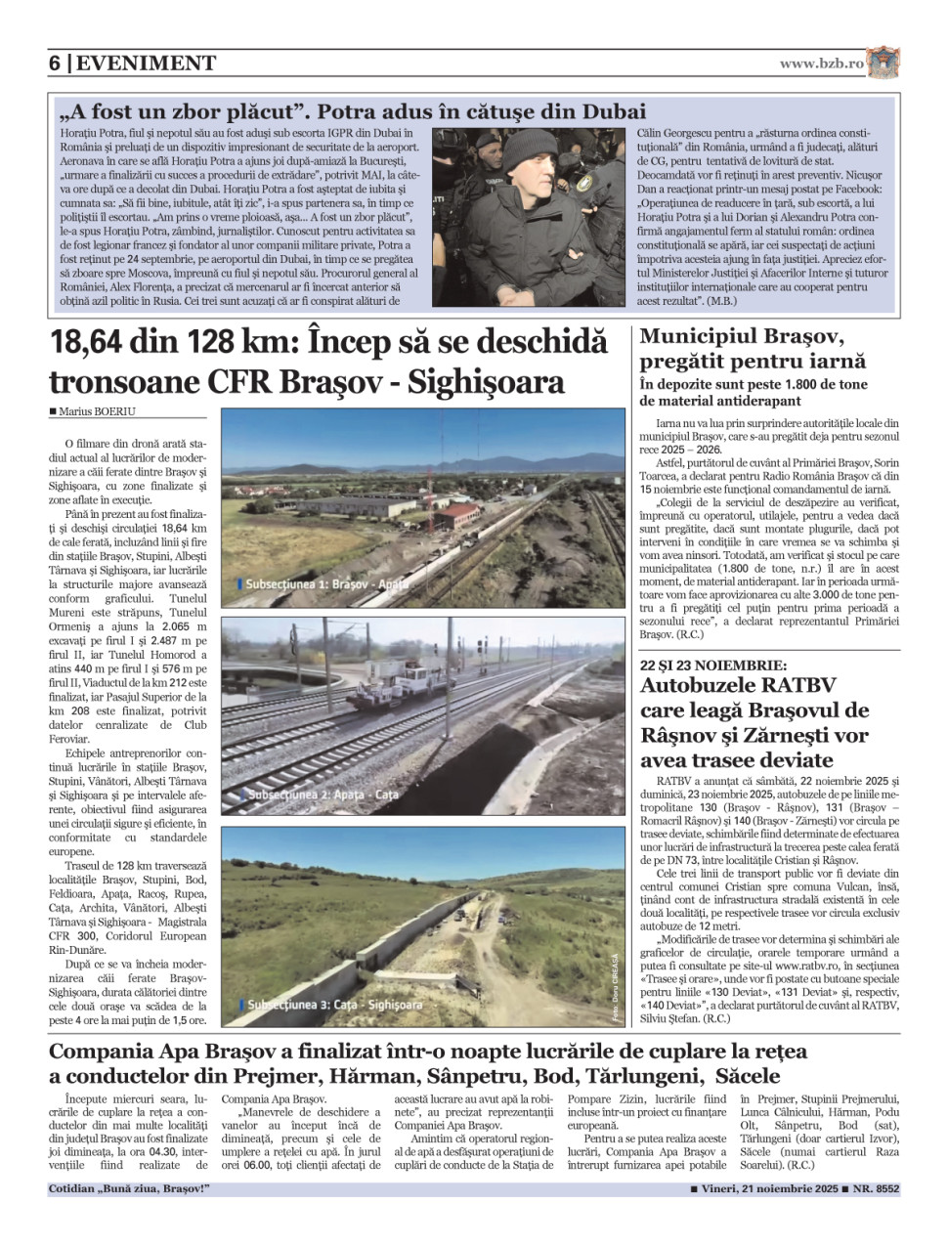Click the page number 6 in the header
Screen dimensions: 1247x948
56,64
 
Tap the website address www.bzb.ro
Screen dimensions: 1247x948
821,64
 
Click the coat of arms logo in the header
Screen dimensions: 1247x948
883,63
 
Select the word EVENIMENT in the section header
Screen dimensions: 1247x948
147,64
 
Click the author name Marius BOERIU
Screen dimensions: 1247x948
96,411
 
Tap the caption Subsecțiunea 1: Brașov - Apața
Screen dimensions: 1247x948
327,583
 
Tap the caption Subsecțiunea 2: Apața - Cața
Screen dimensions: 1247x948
323,795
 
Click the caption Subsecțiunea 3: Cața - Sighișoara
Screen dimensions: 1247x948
334,1005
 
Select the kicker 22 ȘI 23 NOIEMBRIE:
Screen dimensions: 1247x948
713,665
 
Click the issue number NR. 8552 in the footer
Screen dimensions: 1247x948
876,1189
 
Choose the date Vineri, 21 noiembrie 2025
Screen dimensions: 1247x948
770,1189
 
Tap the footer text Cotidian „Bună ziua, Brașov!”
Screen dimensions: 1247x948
129,1189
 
